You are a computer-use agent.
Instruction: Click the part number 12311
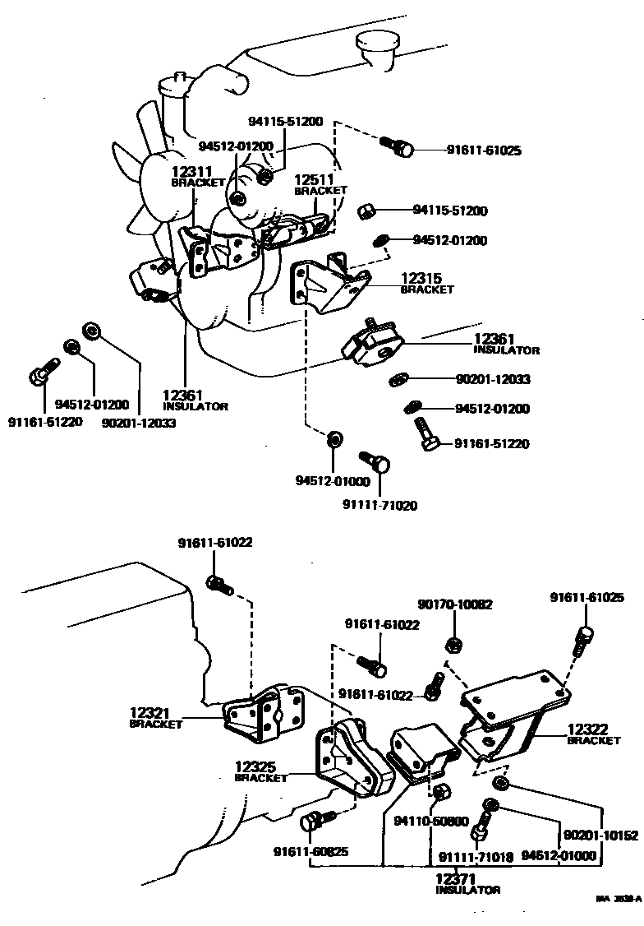(x=188, y=172)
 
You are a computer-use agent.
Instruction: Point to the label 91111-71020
(x=379, y=506)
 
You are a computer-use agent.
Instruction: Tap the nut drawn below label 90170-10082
(x=451, y=643)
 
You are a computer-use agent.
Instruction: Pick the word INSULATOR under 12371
(x=467, y=891)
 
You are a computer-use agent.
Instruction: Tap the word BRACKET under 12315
(x=426, y=290)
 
